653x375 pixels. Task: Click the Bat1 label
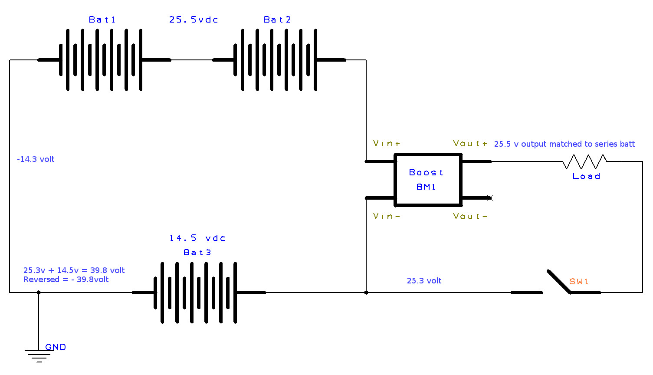click(102, 20)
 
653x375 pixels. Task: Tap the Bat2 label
click(277, 20)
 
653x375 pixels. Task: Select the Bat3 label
click(197, 252)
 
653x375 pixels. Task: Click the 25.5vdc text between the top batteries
click(194, 20)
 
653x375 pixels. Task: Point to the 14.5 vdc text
click(197, 238)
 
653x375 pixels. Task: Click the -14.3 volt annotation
click(36, 159)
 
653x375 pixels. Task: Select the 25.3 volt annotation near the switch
click(424, 280)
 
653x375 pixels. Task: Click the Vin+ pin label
click(387, 143)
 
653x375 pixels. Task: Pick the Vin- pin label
click(387, 216)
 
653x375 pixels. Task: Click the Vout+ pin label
click(470, 143)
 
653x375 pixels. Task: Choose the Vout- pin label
click(470, 216)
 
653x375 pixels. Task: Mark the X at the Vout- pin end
click(490, 198)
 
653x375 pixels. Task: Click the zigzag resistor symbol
click(584, 161)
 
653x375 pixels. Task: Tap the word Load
click(586, 176)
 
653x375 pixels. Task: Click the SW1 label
click(579, 281)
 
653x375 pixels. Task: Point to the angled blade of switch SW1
click(558, 281)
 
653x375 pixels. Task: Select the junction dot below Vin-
click(366, 293)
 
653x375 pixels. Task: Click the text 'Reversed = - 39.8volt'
click(66, 280)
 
